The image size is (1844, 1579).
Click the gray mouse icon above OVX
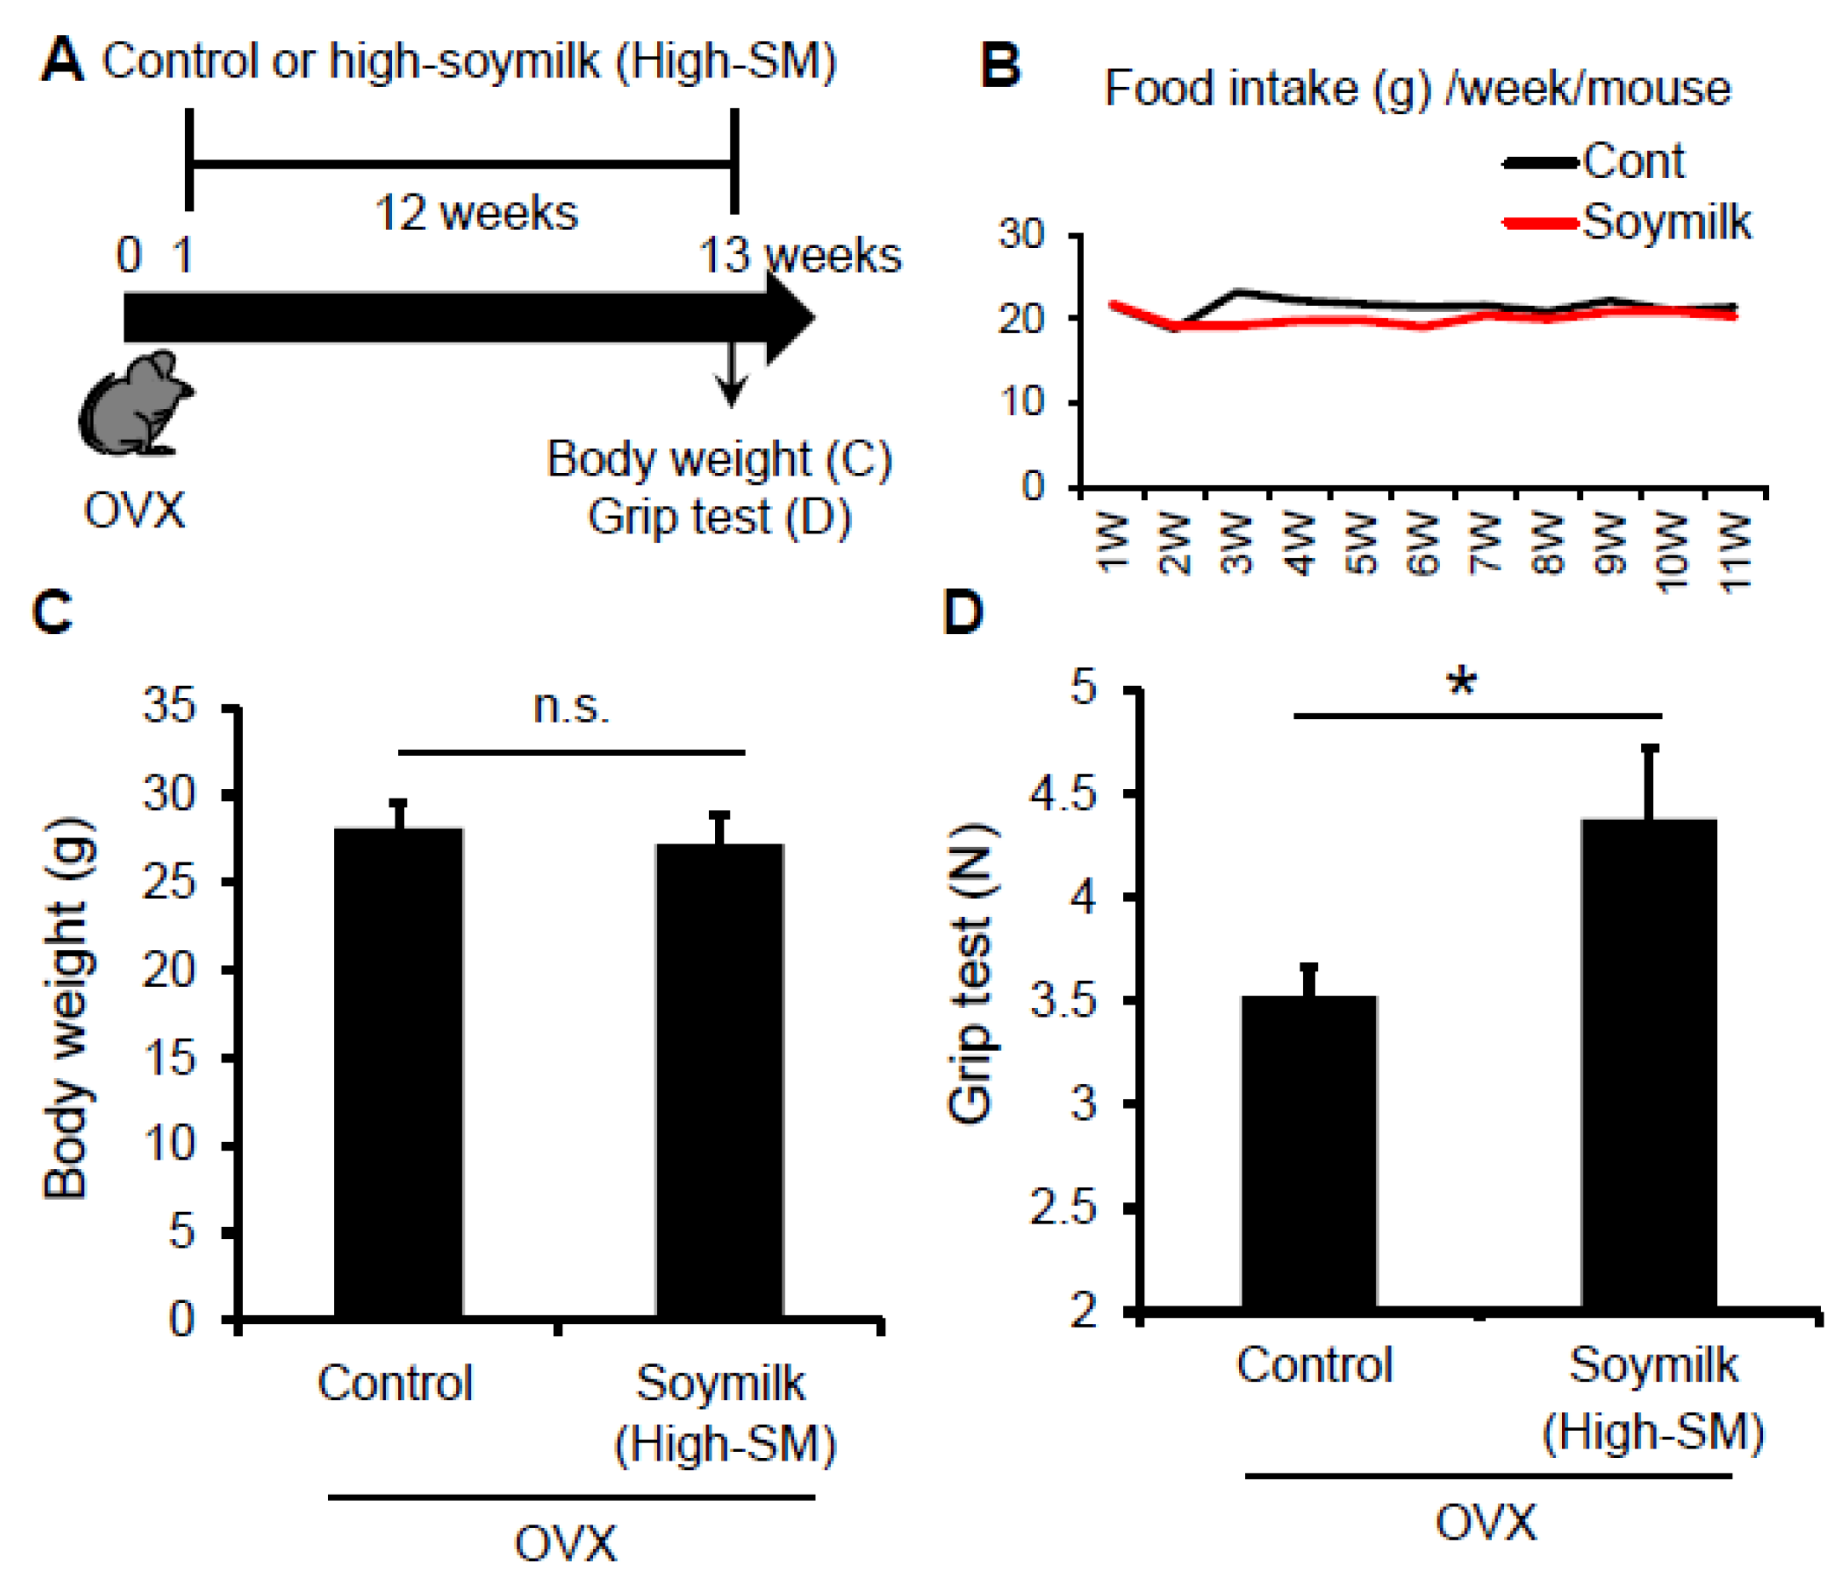coord(135,404)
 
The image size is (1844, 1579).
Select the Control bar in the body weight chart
coord(398,1072)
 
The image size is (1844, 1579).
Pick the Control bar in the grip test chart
coord(1308,1152)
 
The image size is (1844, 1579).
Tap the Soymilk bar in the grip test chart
coord(1648,1063)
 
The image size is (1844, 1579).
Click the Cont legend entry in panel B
coord(1632,162)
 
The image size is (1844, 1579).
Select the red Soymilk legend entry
coord(1664,222)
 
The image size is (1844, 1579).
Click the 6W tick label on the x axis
coord(1424,544)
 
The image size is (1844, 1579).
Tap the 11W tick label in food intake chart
coord(1736,552)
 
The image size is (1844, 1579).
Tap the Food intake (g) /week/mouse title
coord(1417,89)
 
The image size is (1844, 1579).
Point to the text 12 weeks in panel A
coord(475,214)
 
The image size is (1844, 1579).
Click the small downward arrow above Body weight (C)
coord(731,374)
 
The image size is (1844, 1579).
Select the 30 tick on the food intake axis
coord(1020,235)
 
